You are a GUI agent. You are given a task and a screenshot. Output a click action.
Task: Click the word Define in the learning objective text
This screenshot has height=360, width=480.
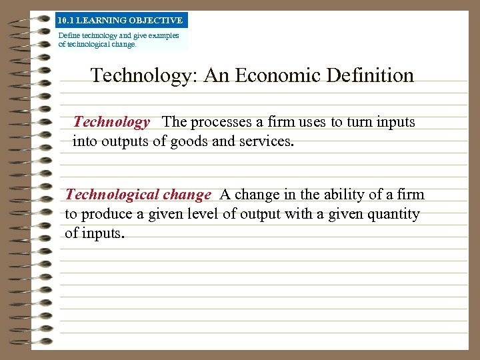tap(68, 35)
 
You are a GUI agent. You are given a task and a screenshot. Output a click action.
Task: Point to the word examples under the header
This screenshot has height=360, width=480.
tap(163, 35)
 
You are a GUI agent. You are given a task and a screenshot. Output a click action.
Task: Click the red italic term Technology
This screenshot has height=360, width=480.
tap(111, 122)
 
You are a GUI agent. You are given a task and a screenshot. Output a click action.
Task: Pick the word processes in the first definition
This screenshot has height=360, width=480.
tap(217, 122)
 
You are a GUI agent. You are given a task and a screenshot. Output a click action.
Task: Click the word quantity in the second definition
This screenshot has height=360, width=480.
tap(393, 214)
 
